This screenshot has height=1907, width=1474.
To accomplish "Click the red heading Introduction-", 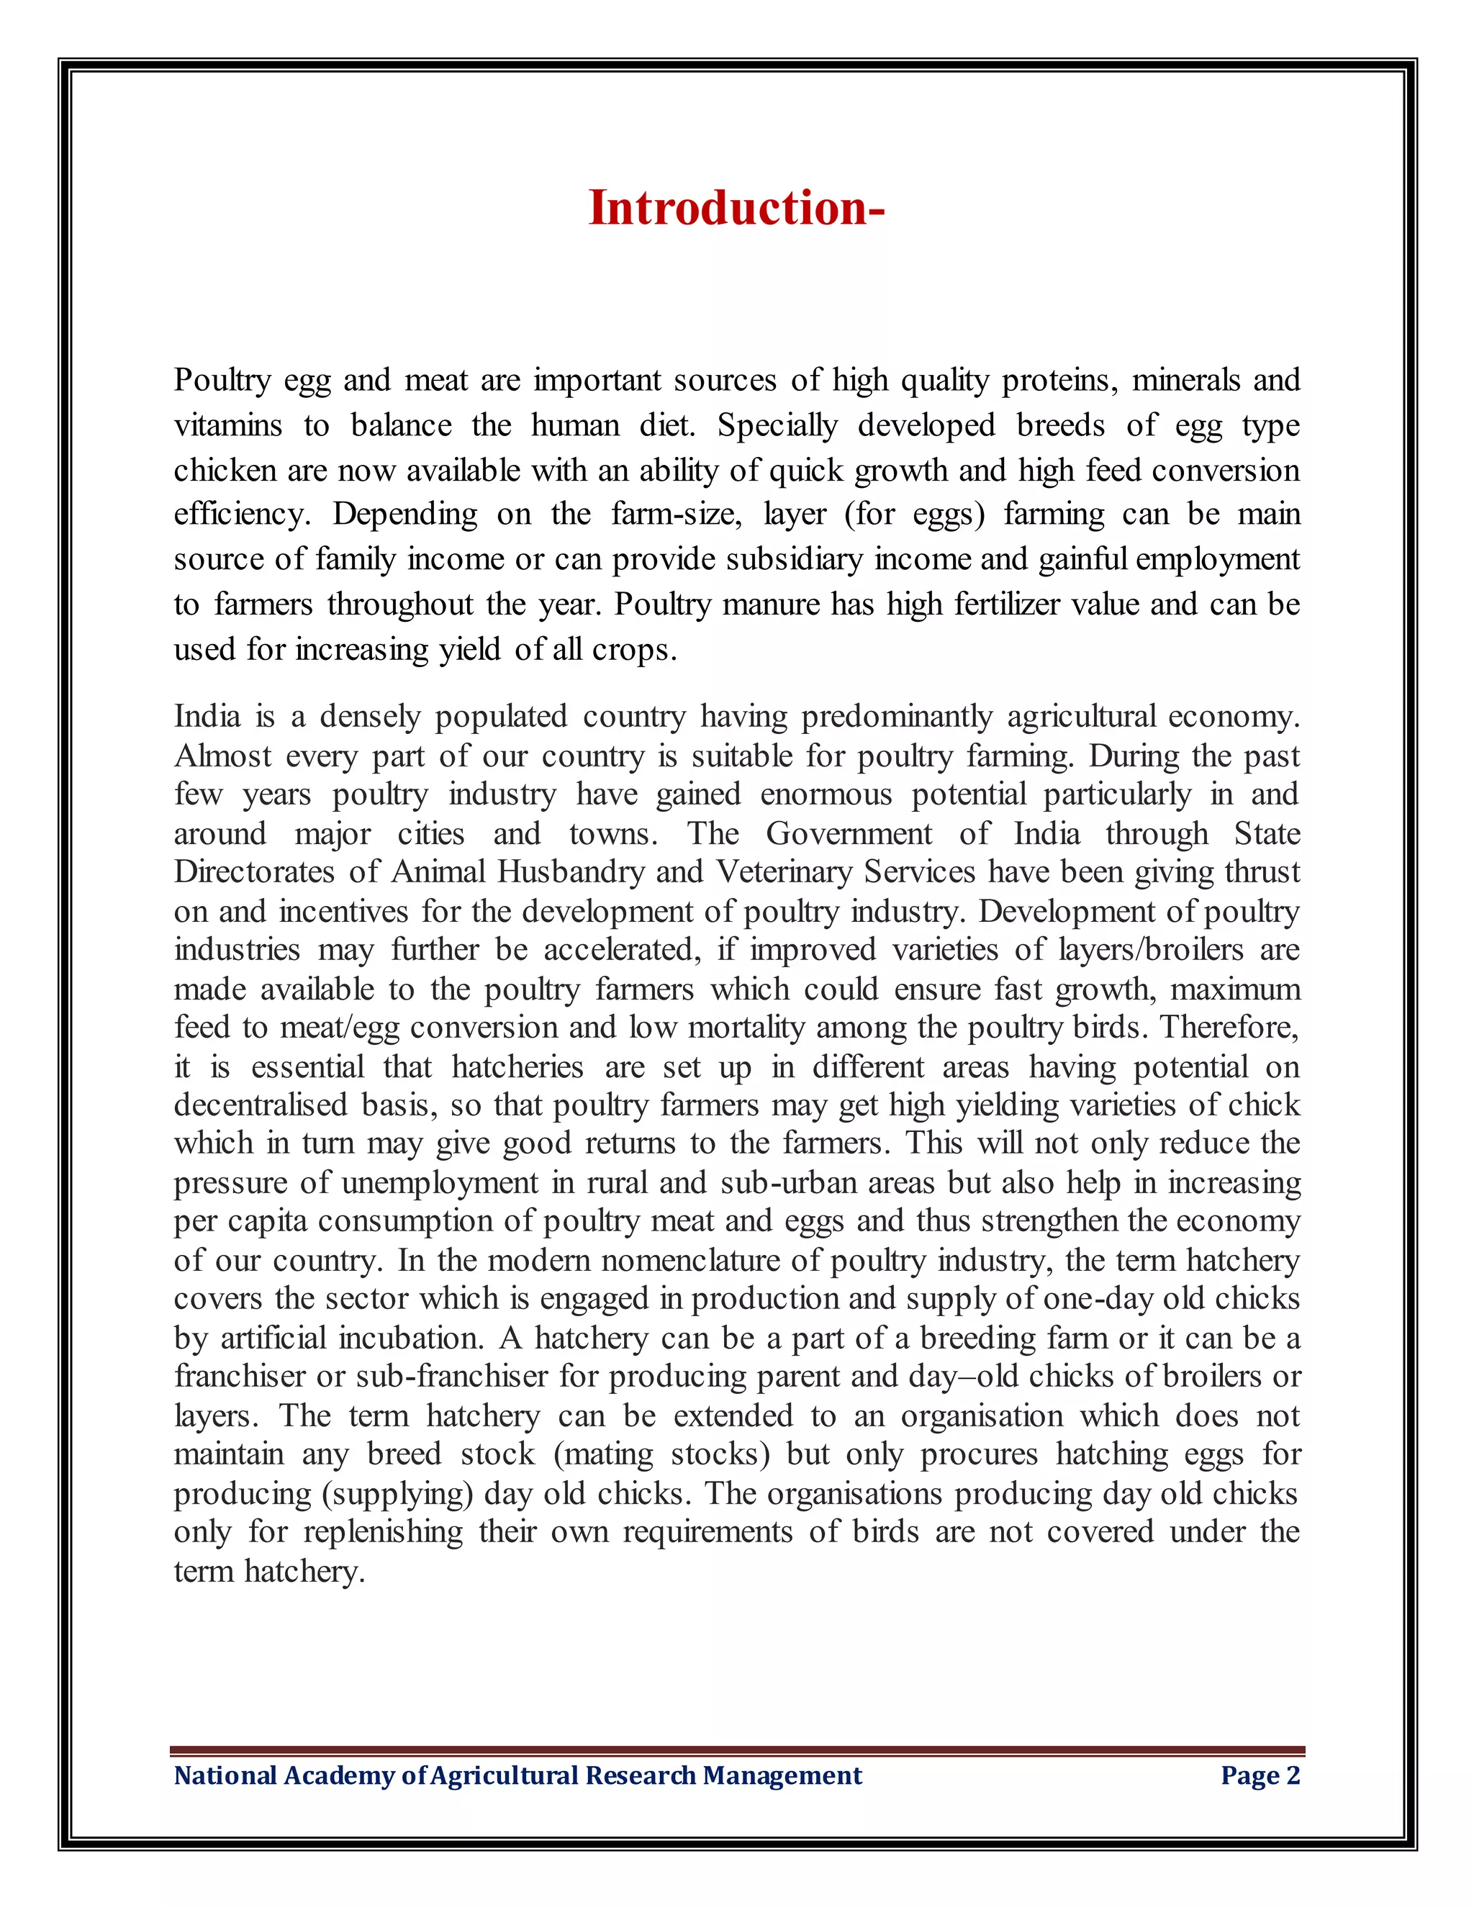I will (x=736, y=209).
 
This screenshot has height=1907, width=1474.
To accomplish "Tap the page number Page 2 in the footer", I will (x=1260, y=1775).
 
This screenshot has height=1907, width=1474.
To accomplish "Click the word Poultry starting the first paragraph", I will (x=222, y=381).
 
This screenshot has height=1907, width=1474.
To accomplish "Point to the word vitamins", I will (x=228, y=425).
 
